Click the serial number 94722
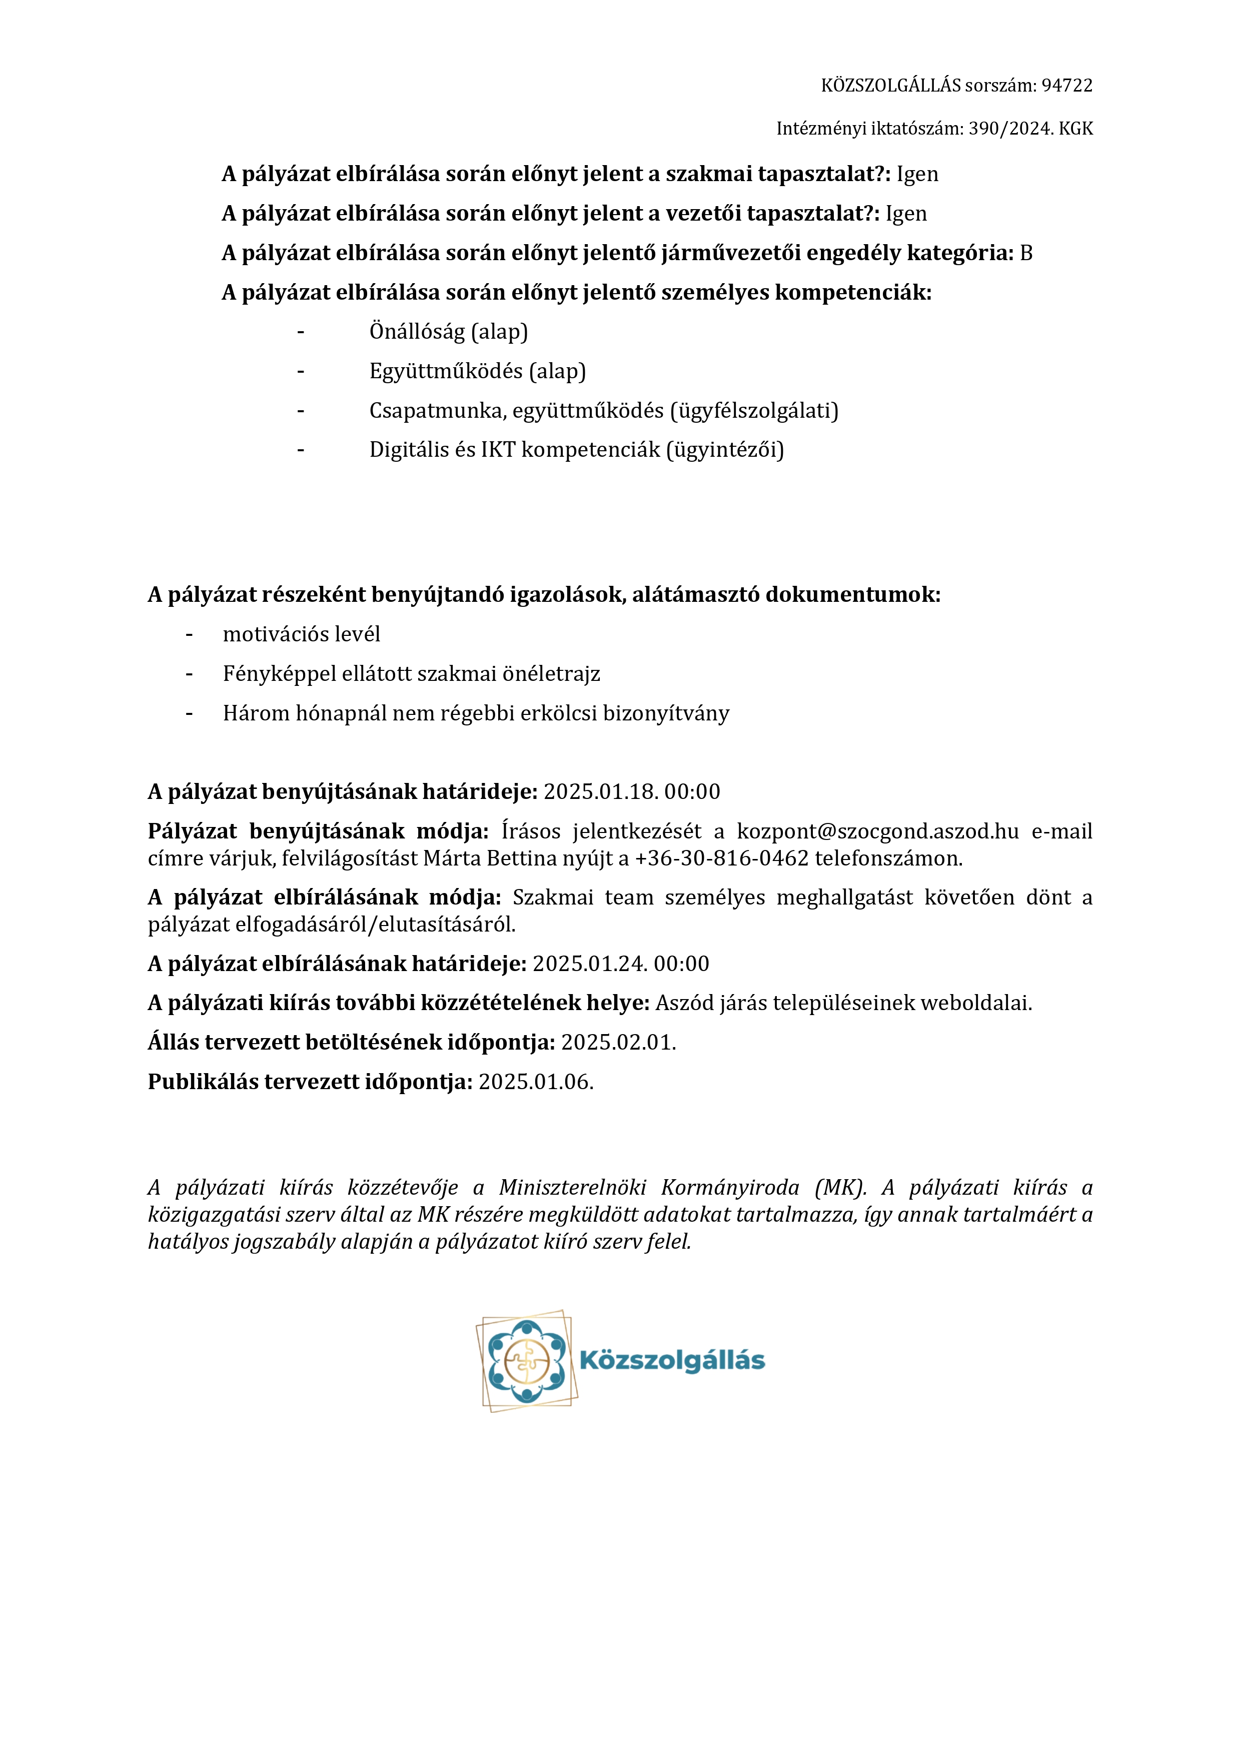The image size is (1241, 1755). (x=1067, y=86)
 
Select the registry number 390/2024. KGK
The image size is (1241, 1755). (x=1031, y=129)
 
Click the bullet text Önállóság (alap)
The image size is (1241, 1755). (x=449, y=332)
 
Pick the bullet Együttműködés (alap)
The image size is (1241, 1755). (x=478, y=372)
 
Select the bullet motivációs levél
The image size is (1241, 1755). (x=301, y=634)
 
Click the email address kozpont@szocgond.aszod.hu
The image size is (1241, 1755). (x=877, y=831)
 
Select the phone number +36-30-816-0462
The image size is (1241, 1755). (x=721, y=858)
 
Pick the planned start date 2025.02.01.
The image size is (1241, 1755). (x=618, y=1043)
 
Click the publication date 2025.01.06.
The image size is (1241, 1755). (x=536, y=1082)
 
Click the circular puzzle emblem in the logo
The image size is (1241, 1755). (x=527, y=1361)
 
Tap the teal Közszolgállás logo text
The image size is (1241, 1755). (x=672, y=1361)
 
